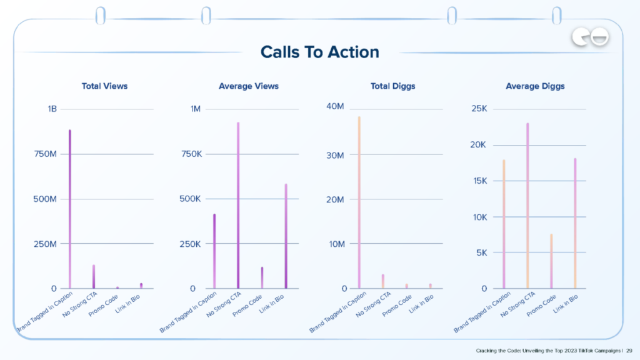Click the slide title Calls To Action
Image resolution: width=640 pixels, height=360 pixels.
pyautogui.click(x=319, y=52)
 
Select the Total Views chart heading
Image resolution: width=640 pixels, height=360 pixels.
pyautogui.click(x=104, y=86)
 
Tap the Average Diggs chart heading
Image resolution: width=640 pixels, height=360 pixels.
pyautogui.click(x=535, y=86)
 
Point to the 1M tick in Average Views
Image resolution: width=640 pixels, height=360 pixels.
pyautogui.click(x=195, y=109)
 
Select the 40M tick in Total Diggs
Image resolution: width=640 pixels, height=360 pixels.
pyautogui.click(x=335, y=106)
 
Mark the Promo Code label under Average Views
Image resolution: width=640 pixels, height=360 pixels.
pyautogui.click(x=249, y=304)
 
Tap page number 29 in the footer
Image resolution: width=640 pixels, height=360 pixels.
pyautogui.click(x=629, y=351)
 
